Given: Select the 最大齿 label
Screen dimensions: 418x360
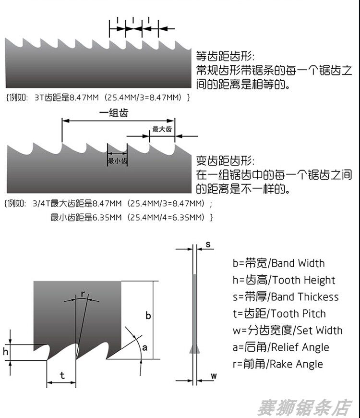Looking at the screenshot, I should tap(162, 129).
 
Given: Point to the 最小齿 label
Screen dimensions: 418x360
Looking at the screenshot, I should tap(118, 161).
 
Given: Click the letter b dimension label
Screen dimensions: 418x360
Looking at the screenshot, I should tap(148, 316).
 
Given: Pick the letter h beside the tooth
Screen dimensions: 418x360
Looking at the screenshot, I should tap(6, 352).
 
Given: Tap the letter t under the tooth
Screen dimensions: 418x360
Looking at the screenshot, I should tap(62, 375).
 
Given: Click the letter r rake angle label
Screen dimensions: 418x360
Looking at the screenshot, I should tap(83, 293).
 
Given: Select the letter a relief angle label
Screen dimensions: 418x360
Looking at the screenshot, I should tap(144, 347).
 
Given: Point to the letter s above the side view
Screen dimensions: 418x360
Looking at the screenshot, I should tap(208, 244).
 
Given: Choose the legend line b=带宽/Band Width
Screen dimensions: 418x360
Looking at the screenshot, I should tap(278, 263).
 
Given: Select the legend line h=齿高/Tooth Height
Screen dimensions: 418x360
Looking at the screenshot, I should tap(284, 280).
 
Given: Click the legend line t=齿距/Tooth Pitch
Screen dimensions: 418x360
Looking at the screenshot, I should tap(279, 314).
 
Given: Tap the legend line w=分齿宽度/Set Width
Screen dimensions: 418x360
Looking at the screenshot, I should tap(287, 331).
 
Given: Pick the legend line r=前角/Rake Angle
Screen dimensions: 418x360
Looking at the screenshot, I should tap(277, 364).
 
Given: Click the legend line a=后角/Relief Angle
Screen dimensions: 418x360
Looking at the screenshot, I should tap(280, 347).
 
